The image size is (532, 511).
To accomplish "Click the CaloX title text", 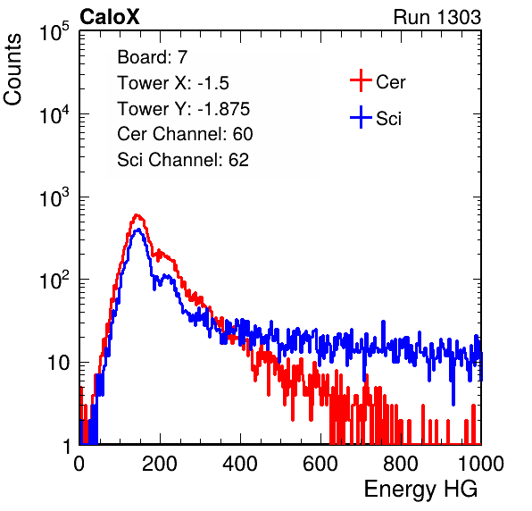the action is (x=110, y=17).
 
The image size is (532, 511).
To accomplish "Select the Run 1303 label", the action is (x=437, y=17).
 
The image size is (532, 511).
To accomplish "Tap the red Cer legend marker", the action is (x=361, y=80).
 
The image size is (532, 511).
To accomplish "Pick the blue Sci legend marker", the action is (x=361, y=117).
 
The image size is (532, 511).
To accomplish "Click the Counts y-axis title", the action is (x=12, y=70).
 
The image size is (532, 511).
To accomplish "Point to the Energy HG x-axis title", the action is (x=420, y=490).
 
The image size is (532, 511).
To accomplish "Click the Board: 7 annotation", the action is (x=153, y=57).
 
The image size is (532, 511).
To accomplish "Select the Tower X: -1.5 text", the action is (x=173, y=83).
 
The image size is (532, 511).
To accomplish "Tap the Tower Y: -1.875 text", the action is (x=184, y=109).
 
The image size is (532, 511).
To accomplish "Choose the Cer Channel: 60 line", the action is (x=185, y=134).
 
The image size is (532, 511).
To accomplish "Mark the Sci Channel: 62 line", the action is (x=183, y=160).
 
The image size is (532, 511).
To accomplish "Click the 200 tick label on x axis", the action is (x=160, y=464).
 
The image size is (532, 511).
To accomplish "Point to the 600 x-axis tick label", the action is (x=320, y=464).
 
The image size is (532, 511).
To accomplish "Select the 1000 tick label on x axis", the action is (x=481, y=464).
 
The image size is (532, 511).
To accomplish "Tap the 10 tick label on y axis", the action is (x=58, y=363).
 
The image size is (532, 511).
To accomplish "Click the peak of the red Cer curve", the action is (x=137, y=215).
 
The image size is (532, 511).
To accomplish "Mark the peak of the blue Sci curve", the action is (x=137, y=230).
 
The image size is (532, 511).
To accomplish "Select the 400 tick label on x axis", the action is (x=240, y=464).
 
